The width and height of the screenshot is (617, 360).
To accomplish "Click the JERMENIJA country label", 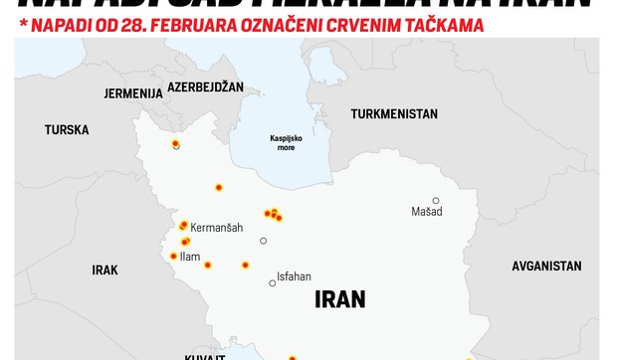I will pos(132,93).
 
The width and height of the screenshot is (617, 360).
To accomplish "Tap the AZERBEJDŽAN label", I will pos(205,88).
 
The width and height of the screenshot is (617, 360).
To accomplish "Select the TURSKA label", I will pos(67,130).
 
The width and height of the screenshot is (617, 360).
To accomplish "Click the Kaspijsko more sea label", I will pos(286,142).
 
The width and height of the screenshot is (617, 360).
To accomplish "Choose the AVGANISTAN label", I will pos(546,267).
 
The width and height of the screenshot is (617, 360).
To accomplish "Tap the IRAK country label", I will pos(104,270).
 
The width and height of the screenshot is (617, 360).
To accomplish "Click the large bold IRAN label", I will pos(339,298).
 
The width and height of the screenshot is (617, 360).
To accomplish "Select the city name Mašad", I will pos(427,212).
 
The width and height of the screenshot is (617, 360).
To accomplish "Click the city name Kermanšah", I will pos(216,228).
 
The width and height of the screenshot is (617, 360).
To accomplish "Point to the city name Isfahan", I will pos(294,276).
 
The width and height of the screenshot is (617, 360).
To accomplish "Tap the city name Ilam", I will pos(189,257).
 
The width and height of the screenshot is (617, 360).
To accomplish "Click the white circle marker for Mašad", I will pos(436,201).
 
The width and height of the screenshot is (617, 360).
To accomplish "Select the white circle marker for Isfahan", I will pos(272,283).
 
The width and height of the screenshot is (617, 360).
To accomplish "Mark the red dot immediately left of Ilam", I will pos(173,257).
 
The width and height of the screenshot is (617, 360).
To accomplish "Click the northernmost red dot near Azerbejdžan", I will pos(175,144).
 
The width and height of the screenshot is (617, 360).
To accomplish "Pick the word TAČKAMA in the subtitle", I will pos(442,25).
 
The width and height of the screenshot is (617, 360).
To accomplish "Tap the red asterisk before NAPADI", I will pos(23,23).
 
